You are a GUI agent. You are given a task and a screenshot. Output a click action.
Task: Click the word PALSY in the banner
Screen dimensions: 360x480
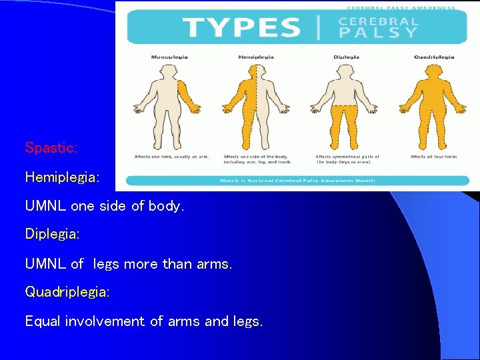[379, 33]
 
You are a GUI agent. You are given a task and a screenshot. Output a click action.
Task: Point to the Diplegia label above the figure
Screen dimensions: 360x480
[346, 57]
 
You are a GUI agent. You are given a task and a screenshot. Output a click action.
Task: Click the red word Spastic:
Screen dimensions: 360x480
[51, 148]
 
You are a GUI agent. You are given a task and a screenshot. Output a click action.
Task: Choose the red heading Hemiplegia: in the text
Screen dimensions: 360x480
[62, 177]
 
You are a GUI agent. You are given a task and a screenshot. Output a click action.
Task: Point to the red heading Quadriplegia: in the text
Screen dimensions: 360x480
[67, 292]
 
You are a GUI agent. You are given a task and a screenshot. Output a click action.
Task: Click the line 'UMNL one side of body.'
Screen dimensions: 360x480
[104, 206]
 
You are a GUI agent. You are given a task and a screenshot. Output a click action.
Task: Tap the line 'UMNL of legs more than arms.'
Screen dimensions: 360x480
[129, 263]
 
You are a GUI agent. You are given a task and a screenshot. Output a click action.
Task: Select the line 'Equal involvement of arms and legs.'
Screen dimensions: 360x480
[144, 321]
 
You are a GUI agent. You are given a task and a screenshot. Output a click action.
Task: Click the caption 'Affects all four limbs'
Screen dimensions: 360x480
[434, 157]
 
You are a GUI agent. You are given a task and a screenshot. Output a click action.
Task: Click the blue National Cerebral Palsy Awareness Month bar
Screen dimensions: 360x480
[297, 180]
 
